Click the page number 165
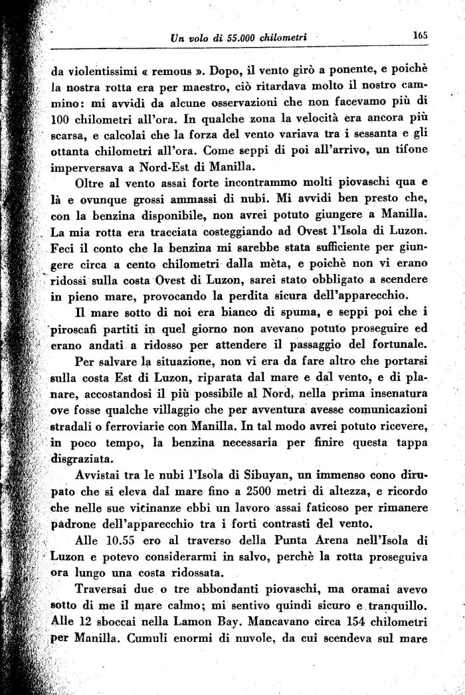tap(418, 36)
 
